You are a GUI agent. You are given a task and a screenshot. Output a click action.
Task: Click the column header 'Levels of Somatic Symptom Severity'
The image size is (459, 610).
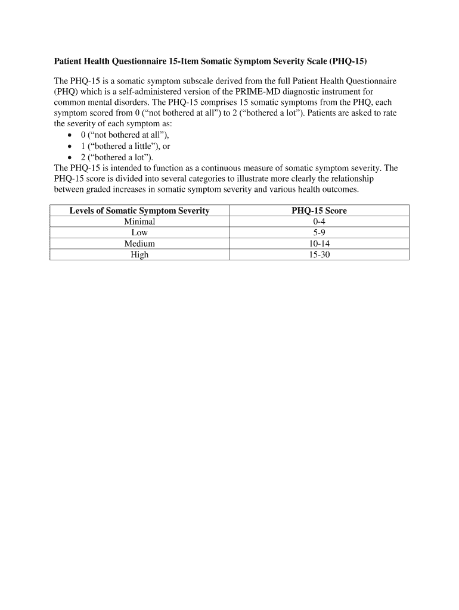139,211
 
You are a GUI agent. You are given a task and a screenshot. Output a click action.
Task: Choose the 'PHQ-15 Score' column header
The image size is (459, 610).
319,211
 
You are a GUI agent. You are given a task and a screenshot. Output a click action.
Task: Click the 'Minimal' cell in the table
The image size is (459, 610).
139,222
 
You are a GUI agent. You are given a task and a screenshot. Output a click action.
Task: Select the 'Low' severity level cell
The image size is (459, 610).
139,232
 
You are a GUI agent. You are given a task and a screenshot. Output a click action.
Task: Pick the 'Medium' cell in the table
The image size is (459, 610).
139,244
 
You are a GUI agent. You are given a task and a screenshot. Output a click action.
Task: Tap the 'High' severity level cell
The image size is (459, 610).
139,254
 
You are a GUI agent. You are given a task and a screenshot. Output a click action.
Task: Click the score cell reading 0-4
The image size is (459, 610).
319,222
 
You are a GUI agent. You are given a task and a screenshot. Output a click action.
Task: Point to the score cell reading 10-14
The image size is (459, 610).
319,244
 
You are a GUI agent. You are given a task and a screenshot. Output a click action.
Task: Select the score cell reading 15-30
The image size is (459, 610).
319,254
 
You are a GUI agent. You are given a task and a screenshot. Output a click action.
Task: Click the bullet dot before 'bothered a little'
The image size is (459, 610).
70,147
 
